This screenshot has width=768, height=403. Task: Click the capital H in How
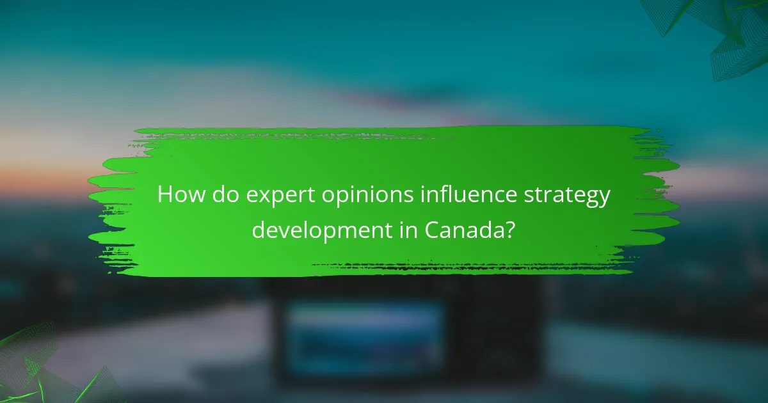coord(165,194)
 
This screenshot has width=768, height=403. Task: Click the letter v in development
coord(287,230)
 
